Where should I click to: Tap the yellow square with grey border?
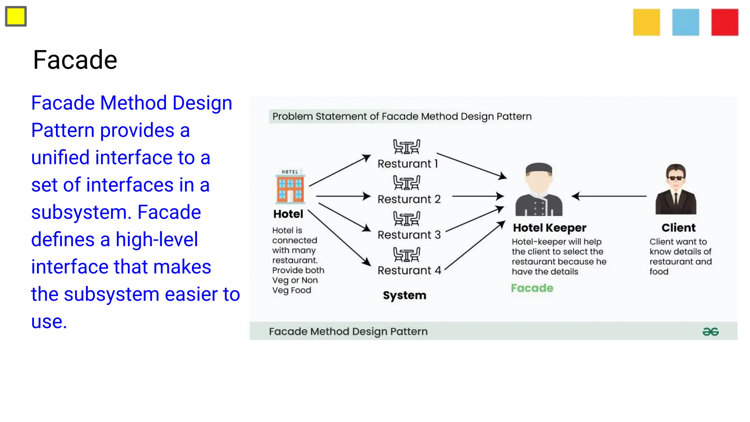[x=16, y=16]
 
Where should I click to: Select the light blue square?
[x=686, y=22]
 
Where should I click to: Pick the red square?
[x=725, y=22]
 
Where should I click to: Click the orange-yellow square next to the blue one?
[x=646, y=22]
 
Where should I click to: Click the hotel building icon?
[x=290, y=187]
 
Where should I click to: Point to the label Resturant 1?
[x=408, y=164]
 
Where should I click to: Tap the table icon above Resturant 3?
[x=406, y=219]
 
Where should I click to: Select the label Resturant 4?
[x=409, y=270]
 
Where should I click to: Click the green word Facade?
[x=532, y=288]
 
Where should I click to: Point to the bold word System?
[x=404, y=295]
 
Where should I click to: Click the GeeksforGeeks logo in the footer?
[x=710, y=332]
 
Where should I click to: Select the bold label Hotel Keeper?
[x=549, y=228]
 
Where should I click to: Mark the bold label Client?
[x=678, y=228]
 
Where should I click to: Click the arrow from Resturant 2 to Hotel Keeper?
[x=478, y=196]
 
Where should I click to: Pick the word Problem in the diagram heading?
[x=292, y=116]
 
